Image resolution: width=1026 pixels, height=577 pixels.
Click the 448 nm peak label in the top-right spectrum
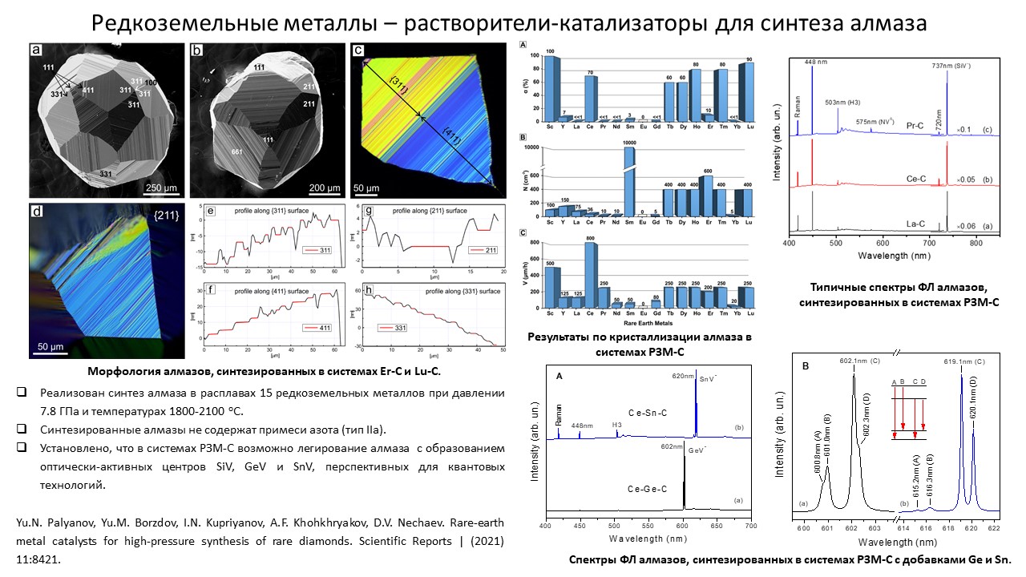pyautogui.click(x=811, y=61)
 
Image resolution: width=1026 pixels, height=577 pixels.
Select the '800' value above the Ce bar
pyautogui.click(x=591, y=239)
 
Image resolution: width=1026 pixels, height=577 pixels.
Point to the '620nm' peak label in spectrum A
pyautogui.click(x=684, y=375)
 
